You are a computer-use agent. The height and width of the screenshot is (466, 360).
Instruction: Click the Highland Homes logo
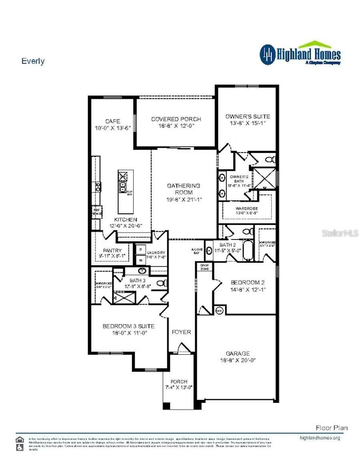(x=300, y=54)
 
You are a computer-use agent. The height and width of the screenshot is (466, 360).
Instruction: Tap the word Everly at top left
(x=33, y=61)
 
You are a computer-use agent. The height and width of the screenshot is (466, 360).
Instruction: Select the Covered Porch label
(x=176, y=119)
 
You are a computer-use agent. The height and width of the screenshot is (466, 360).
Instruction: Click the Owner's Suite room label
(x=248, y=116)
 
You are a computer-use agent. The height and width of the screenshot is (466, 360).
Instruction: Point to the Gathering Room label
(x=184, y=189)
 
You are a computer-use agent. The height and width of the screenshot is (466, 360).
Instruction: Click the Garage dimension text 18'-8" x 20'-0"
(x=238, y=360)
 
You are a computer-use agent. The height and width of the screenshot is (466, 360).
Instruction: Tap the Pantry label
(x=113, y=251)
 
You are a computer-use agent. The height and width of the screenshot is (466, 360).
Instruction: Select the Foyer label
(x=181, y=332)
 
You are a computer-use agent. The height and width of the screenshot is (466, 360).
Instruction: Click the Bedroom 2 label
(x=248, y=283)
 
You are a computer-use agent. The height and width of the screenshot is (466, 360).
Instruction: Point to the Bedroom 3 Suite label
(x=128, y=326)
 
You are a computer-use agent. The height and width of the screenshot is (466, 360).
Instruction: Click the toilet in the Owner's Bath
(x=271, y=160)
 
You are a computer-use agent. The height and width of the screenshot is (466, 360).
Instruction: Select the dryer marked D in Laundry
(x=141, y=249)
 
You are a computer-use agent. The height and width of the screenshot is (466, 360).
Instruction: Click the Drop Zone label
(x=204, y=267)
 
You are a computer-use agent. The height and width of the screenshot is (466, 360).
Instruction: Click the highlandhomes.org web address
(x=320, y=438)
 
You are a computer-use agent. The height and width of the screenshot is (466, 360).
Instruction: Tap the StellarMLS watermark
(x=340, y=233)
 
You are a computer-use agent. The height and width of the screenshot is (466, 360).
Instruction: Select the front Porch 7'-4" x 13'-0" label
(x=179, y=384)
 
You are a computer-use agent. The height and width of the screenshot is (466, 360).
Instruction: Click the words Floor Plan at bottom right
(x=332, y=428)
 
